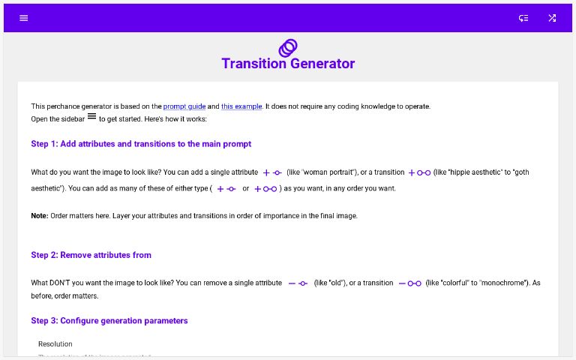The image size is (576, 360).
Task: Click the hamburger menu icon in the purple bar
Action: pyautogui.click(x=24, y=18)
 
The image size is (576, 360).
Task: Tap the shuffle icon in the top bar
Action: pyautogui.click(x=552, y=18)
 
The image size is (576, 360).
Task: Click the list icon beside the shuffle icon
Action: pyautogui.click(x=523, y=18)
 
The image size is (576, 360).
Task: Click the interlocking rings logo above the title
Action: pyautogui.click(x=288, y=48)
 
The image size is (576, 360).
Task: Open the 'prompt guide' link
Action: pyautogui.click(x=184, y=106)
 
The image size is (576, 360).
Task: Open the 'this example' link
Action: pyautogui.click(x=241, y=106)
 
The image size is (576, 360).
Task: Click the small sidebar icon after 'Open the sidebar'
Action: pyautogui.click(x=91, y=117)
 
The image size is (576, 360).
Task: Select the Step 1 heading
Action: pyautogui.click(x=141, y=144)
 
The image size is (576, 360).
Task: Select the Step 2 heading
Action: pyautogui.click(x=91, y=255)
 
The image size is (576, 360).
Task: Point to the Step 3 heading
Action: pyautogui.click(x=109, y=321)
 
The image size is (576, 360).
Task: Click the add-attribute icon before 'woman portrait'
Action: pyautogui.click(x=271, y=172)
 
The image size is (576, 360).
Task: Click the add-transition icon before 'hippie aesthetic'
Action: pyautogui.click(x=418, y=172)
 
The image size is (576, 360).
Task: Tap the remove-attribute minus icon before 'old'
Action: pyautogui.click(x=298, y=283)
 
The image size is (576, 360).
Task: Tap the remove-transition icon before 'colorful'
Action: pyautogui.click(x=409, y=283)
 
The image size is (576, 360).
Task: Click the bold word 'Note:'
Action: pyautogui.click(x=40, y=216)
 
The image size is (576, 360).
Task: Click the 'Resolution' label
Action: pyautogui.click(x=55, y=344)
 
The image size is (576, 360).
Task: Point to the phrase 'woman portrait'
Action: pyautogui.click(x=327, y=172)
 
